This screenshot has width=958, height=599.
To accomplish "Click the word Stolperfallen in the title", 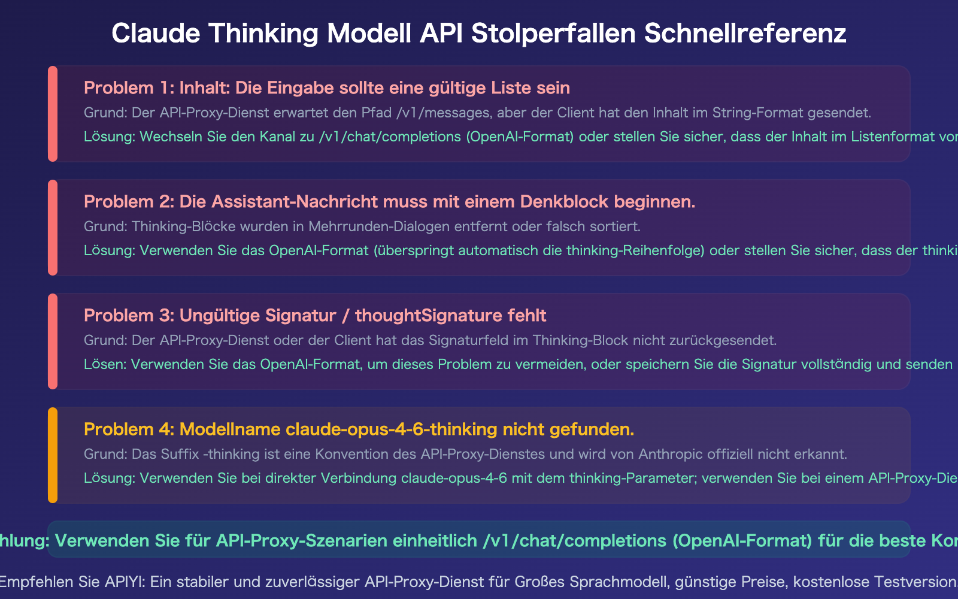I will (x=553, y=33).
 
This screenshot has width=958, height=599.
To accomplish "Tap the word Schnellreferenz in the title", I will (x=745, y=33).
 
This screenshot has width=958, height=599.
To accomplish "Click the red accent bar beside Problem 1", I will (x=53, y=114).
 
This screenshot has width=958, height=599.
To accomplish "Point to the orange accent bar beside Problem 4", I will (x=53, y=455).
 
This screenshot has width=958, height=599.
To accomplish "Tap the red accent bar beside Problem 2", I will (x=53, y=228).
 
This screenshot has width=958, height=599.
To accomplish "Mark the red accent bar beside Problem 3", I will (x=53, y=341).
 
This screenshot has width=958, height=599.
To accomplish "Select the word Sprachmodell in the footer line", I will (x=606, y=582).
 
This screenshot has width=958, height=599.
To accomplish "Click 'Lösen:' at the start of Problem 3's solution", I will (x=105, y=364).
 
